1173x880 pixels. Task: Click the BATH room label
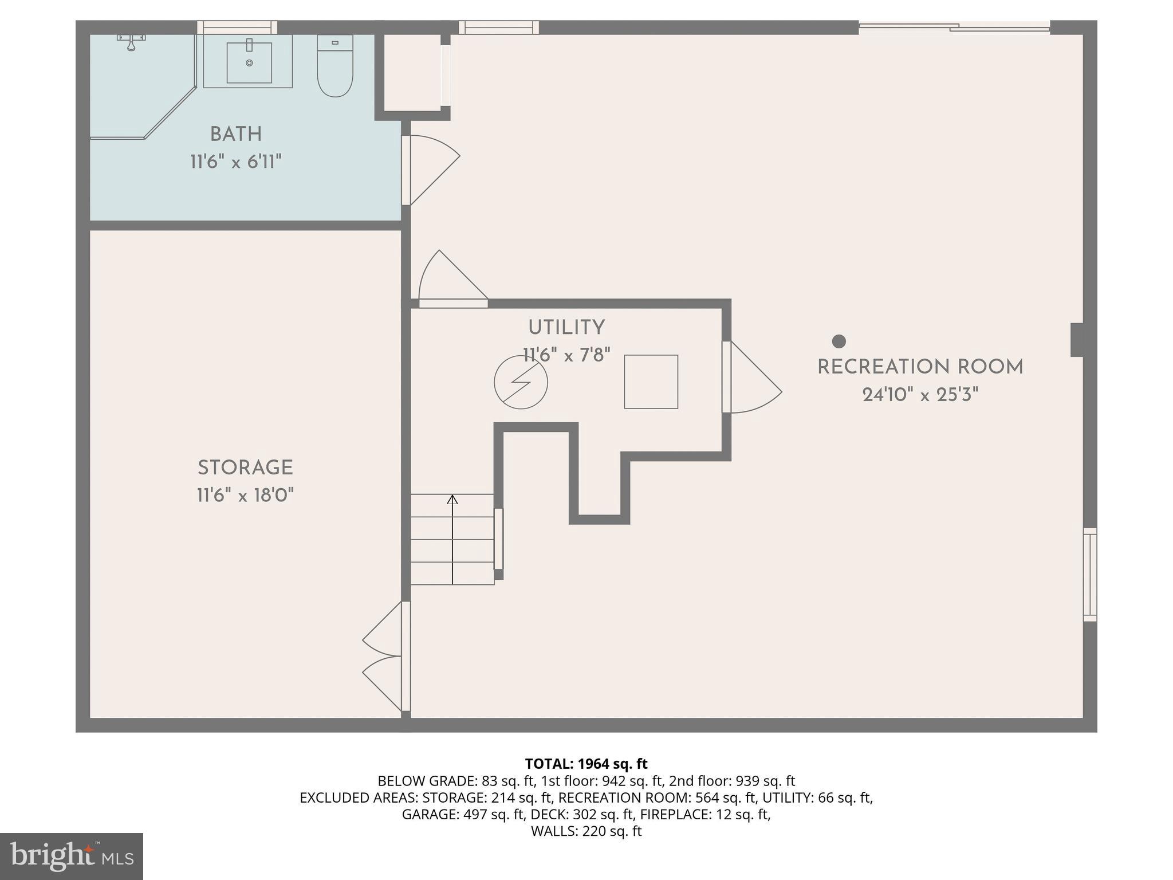click(x=236, y=134)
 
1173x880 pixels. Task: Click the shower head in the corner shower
click(x=131, y=42)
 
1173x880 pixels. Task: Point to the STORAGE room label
click(x=245, y=467)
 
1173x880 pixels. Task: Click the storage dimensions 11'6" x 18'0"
click(x=245, y=495)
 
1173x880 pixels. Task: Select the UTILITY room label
click(x=566, y=328)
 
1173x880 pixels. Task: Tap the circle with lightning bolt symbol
click(x=521, y=382)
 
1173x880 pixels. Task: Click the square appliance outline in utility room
click(x=651, y=382)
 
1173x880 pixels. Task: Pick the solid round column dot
click(x=839, y=341)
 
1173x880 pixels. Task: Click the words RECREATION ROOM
click(x=920, y=367)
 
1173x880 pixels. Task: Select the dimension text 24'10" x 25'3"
click(x=920, y=395)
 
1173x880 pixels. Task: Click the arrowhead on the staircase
click(x=452, y=500)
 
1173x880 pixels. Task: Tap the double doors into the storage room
click(x=383, y=656)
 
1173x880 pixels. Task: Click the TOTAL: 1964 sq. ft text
click(x=586, y=764)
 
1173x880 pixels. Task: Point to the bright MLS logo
click(x=72, y=856)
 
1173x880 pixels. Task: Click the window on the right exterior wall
click(x=1089, y=574)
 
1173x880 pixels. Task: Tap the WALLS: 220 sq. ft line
click(x=586, y=831)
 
